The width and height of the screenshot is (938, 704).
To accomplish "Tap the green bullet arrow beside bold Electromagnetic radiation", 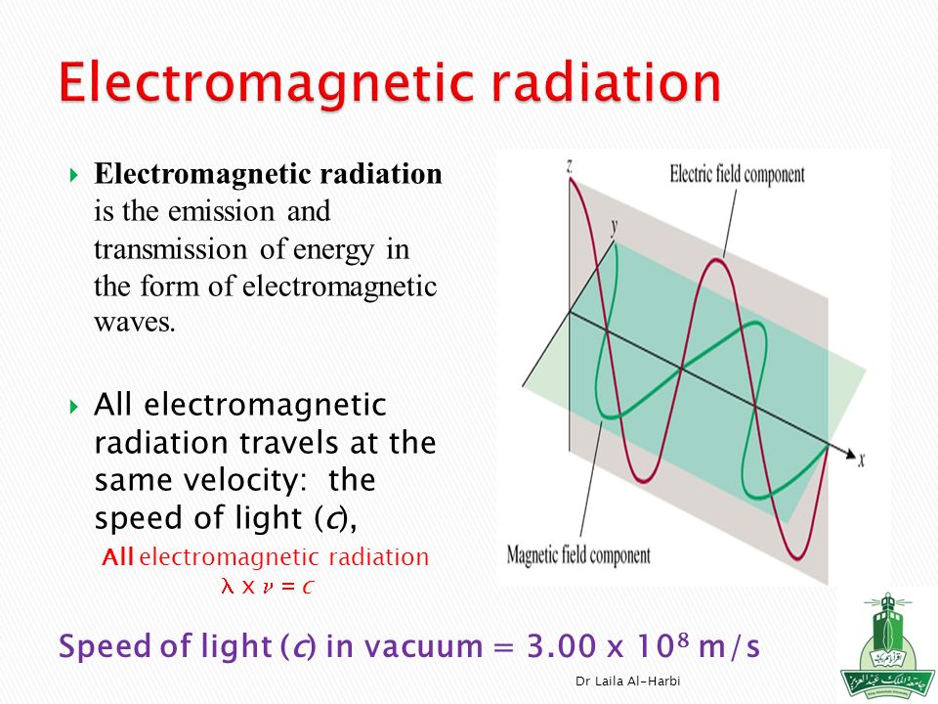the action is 73,175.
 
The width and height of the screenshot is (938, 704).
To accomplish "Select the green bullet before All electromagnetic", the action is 73,407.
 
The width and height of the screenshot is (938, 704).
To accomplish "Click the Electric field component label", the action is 737,174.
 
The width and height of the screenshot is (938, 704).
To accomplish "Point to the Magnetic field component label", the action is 577,555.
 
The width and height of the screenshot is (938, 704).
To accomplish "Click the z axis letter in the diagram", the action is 570,166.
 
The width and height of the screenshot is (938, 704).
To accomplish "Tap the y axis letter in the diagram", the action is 614,227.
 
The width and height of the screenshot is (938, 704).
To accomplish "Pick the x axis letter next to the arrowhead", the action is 862,460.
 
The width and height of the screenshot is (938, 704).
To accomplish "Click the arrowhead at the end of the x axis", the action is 851,453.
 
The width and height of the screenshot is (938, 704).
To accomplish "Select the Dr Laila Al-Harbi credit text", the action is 627,681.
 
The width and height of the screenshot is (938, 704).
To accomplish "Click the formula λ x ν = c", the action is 267,586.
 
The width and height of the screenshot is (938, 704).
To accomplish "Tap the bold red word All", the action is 117,557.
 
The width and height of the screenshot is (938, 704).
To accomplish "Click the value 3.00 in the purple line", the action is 562,646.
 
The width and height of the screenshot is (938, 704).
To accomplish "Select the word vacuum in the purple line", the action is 423,647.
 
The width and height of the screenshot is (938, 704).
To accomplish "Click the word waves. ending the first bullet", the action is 135,323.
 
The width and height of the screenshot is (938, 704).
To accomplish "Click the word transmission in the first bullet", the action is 170,249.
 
